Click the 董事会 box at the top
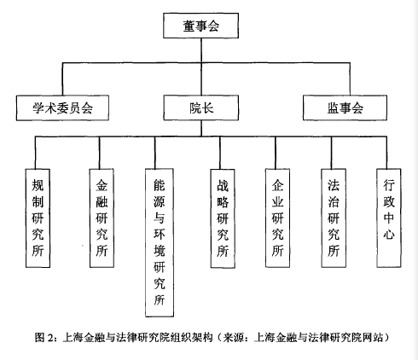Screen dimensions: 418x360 [200, 26]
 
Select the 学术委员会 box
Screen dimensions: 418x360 [62, 108]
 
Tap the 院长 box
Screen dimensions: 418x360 [201, 107]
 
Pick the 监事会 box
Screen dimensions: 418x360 [345, 107]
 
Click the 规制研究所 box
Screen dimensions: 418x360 [38, 218]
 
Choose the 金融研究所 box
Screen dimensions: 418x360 [102, 218]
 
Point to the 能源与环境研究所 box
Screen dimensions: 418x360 [160, 242]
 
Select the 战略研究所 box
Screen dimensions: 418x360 [223, 218]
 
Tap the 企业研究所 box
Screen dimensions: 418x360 [277, 218]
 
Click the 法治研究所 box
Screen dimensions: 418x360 [334, 218]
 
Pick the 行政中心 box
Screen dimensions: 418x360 [389, 218]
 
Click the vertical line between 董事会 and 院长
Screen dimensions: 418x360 [201, 67]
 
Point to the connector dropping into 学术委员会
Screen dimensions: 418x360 [62, 79]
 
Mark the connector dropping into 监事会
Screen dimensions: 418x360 [350, 79]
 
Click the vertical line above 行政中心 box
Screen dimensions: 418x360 [386, 153]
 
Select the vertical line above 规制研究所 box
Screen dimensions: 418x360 [36, 153]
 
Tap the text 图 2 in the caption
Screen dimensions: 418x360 [44, 338]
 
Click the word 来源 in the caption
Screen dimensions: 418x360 [233, 338]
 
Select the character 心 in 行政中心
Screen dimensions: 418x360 [389, 235]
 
